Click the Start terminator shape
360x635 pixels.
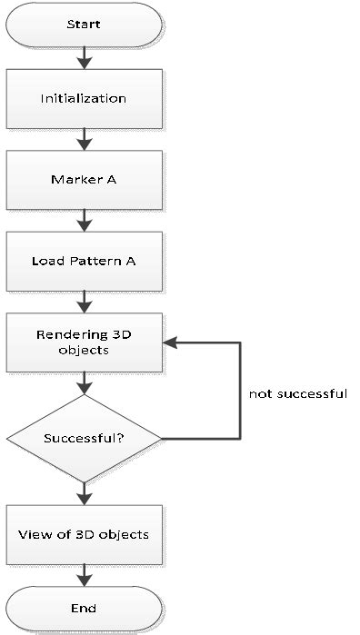(x=84, y=25)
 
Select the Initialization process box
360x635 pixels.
(x=84, y=98)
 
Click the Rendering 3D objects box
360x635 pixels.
(x=84, y=342)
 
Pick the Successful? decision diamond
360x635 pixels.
(x=84, y=438)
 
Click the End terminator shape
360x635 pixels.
(x=84, y=607)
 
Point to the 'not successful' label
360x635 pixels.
(x=297, y=394)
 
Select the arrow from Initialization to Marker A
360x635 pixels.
(x=84, y=138)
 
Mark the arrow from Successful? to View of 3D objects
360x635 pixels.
(x=84, y=493)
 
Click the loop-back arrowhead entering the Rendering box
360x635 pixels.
(x=171, y=342)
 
